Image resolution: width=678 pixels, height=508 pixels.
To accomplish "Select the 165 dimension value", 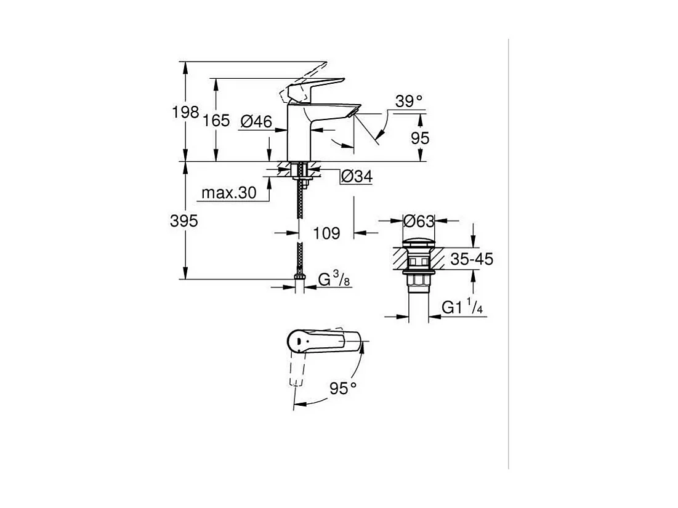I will click(216, 121).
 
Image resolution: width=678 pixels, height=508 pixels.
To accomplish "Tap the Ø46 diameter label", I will click(256, 121).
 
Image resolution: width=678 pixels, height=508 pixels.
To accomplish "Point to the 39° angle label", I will click(409, 101).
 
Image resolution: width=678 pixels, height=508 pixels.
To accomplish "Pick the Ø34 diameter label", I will click(357, 177).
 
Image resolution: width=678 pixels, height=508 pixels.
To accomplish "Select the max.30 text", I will click(228, 193).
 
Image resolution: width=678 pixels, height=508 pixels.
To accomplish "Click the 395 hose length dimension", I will click(184, 221).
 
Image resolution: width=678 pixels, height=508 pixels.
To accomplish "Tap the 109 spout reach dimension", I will click(326, 233).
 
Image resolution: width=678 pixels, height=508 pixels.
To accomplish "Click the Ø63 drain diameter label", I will click(418, 220).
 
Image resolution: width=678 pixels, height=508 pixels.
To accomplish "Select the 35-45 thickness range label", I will click(471, 259).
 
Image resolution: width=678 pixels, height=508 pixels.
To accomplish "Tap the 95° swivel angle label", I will click(343, 388).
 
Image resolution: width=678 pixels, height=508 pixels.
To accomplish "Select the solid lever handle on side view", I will click(317, 85).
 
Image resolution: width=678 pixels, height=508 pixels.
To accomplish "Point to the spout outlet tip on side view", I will click(352, 111).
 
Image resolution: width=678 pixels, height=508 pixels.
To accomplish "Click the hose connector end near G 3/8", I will click(299, 281).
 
